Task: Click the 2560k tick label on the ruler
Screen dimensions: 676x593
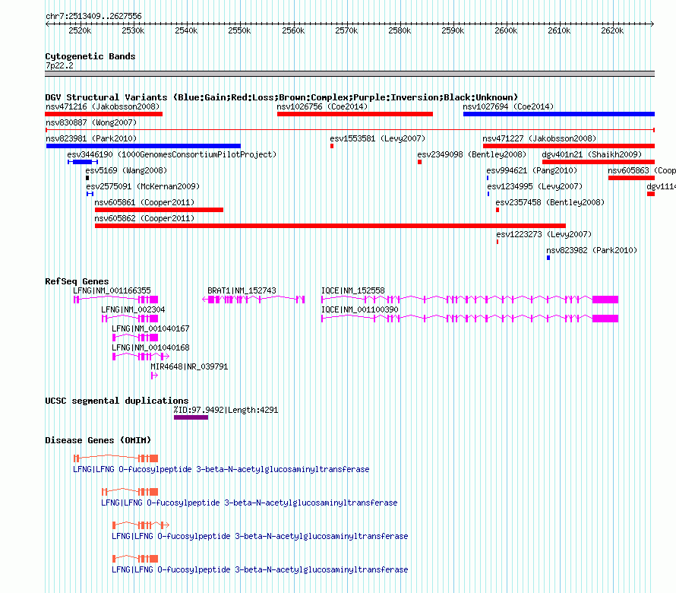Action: (x=293, y=30)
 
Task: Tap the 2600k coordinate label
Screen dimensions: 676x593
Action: (x=506, y=30)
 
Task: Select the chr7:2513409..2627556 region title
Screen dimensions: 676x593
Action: (x=93, y=16)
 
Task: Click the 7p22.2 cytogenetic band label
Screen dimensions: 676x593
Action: (x=59, y=65)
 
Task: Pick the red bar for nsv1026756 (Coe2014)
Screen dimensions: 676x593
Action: (x=355, y=114)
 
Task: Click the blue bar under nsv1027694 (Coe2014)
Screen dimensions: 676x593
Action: (x=559, y=114)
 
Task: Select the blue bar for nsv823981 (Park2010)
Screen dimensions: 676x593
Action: (x=143, y=146)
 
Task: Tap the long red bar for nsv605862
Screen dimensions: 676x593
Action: (x=330, y=226)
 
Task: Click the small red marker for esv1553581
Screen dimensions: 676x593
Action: (x=332, y=146)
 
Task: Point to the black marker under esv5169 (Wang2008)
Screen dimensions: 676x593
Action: (x=87, y=178)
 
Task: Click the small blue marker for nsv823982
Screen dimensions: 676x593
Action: (x=548, y=258)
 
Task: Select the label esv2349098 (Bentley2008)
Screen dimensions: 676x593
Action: (x=472, y=154)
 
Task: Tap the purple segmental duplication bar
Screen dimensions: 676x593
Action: (x=191, y=417)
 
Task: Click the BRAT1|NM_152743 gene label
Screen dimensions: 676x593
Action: (x=242, y=290)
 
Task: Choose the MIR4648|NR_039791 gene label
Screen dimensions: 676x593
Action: (x=189, y=366)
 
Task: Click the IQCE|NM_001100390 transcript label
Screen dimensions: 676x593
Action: (x=359, y=309)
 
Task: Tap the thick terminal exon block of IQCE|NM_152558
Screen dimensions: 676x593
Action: (x=605, y=300)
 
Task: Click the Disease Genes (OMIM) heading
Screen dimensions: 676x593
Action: (x=98, y=440)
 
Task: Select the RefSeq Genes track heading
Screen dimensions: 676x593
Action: (x=77, y=281)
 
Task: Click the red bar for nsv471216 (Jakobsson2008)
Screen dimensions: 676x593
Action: (x=103, y=114)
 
